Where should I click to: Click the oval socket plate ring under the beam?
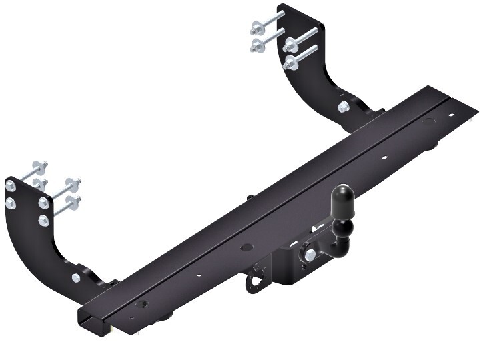point(255,283)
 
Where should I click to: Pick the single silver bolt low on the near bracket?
point(75,277)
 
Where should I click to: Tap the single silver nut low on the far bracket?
point(342,107)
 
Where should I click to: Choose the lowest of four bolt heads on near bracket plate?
point(43,219)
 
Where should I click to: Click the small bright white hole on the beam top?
point(385,158)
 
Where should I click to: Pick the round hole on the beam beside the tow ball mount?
point(248,245)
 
